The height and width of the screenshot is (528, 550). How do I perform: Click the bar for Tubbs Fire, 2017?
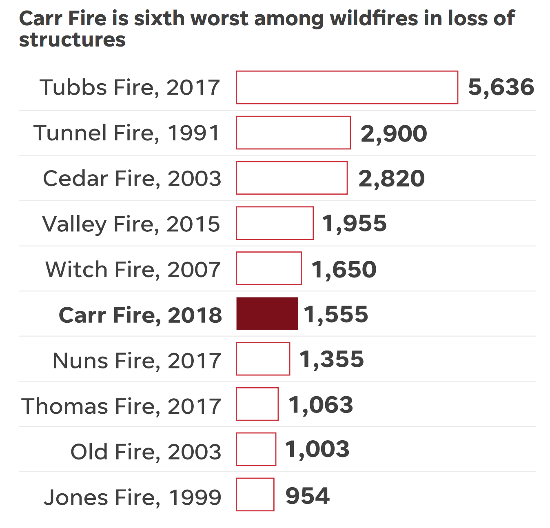click(x=347, y=87)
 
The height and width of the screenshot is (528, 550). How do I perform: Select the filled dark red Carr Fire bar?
click(x=267, y=313)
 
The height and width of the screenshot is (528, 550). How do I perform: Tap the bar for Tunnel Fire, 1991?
click(x=293, y=133)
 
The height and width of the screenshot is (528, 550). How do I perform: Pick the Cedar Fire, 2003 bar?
click(x=292, y=178)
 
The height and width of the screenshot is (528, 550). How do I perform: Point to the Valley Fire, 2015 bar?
click(x=275, y=223)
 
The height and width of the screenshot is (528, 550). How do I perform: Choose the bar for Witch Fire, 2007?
click(x=269, y=268)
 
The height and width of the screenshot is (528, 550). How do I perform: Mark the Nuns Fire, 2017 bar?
click(x=263, y=359)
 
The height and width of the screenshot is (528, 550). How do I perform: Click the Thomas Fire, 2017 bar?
click(x=257, y=404)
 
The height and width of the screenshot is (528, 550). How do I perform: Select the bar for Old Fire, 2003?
click(x=256, y=449)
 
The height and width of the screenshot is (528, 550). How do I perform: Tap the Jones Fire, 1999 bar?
click(x=255, y=495)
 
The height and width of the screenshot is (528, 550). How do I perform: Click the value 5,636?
click(x=501, y=87)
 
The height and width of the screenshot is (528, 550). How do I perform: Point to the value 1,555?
click(x=336, y=315)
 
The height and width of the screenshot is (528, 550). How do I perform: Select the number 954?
click(x=308, y=496)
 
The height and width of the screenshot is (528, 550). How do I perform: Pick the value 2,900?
click(x=394, y=133)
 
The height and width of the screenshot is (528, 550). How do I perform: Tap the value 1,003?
click(x=317, y=449)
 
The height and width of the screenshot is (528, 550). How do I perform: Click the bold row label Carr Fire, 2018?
click(x=140, y=315)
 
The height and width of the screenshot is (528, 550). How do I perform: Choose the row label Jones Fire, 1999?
click(x=132, y=497)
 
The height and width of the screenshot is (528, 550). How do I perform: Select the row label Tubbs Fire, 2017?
click(x=130, y=87)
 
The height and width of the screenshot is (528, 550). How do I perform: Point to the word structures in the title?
click(x=72, y=40)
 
